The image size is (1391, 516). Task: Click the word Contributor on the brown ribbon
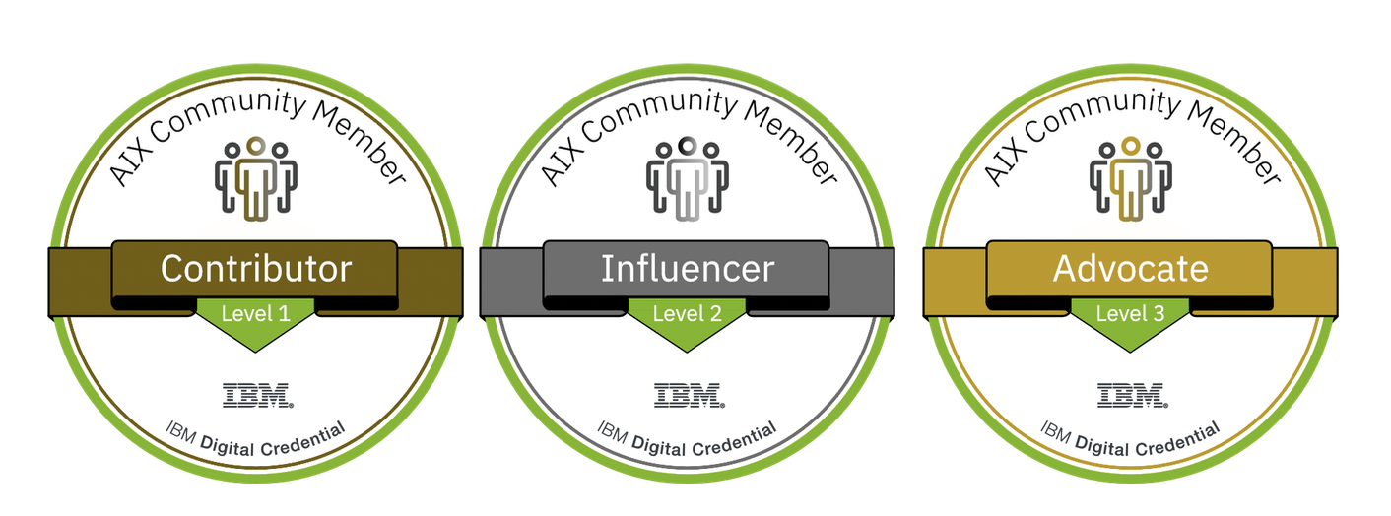[x=255, y=269]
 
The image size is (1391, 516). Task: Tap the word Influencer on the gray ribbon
[x=688, y=269]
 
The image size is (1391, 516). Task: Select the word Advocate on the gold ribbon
[x=1130, y=269]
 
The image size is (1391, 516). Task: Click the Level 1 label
[x=255, y=315]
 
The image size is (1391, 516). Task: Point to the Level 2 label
[x=688, y=315]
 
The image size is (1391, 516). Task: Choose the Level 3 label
[x=1130, y=315]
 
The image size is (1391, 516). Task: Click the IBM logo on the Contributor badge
[x=256, y=396]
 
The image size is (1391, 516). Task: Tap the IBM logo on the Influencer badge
[x=689, y=396]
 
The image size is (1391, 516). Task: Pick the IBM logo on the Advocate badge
[x=1132, y=396]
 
